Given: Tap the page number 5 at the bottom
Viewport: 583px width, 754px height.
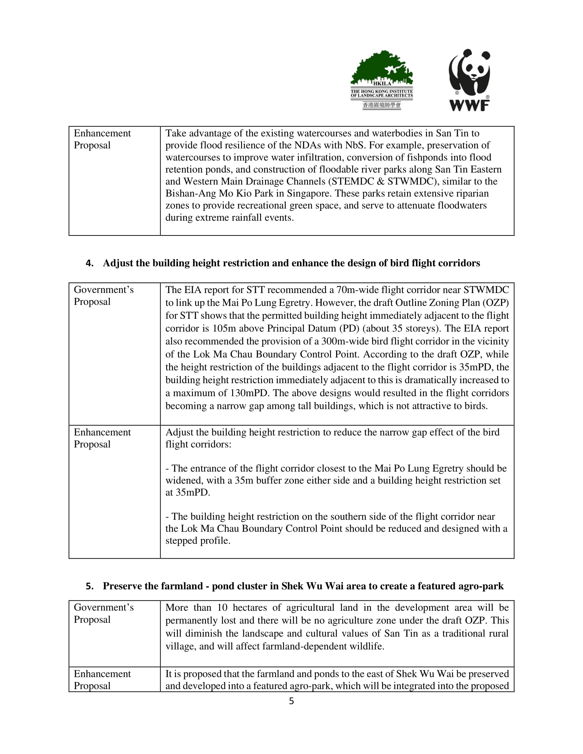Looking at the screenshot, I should pyautogui.click(x=291, y=701).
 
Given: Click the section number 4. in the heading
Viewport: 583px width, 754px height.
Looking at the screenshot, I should pyautogui.click(x=90, y=263).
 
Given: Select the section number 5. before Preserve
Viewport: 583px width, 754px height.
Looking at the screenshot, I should pyautogui.click(x=90, y=586).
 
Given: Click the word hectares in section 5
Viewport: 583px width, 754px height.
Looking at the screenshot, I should pyautogui.click(x=256, y=607).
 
